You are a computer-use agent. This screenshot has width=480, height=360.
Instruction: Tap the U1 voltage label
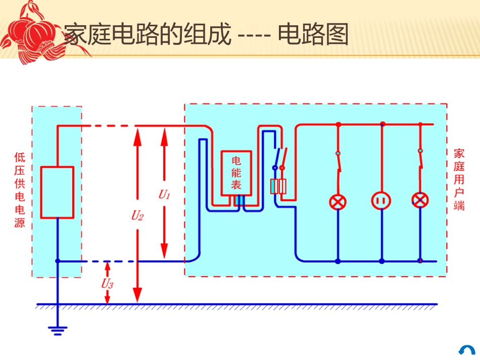(x=164, y=194)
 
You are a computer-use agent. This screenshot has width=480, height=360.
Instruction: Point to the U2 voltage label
(x=137, y=216)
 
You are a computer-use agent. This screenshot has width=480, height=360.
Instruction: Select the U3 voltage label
(x=107, y=284)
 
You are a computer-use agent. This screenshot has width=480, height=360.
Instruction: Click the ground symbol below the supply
(x=58, y=331)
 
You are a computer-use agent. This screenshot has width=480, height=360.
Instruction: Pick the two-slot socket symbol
(x=382, y=201)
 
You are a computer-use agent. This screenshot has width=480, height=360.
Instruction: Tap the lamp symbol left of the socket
(x=338, y=201)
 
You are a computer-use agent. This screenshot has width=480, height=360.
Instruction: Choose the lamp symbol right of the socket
(x=420, y=200)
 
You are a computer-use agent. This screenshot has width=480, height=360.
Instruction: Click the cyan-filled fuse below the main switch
(x=274, y=187)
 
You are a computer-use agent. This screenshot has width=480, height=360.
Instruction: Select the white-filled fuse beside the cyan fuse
(x=282, y=187)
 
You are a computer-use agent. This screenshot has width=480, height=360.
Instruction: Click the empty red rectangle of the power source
(x=57, y=192)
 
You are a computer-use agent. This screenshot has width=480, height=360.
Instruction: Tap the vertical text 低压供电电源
(x=20, y=190)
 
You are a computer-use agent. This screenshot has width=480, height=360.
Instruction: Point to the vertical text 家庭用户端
(x=459, y=180)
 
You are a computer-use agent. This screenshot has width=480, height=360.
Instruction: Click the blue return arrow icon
(x=467, y=350)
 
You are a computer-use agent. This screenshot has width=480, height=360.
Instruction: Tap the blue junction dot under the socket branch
(x=382, y=261)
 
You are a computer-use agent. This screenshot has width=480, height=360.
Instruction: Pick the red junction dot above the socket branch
(x=382, y=124)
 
